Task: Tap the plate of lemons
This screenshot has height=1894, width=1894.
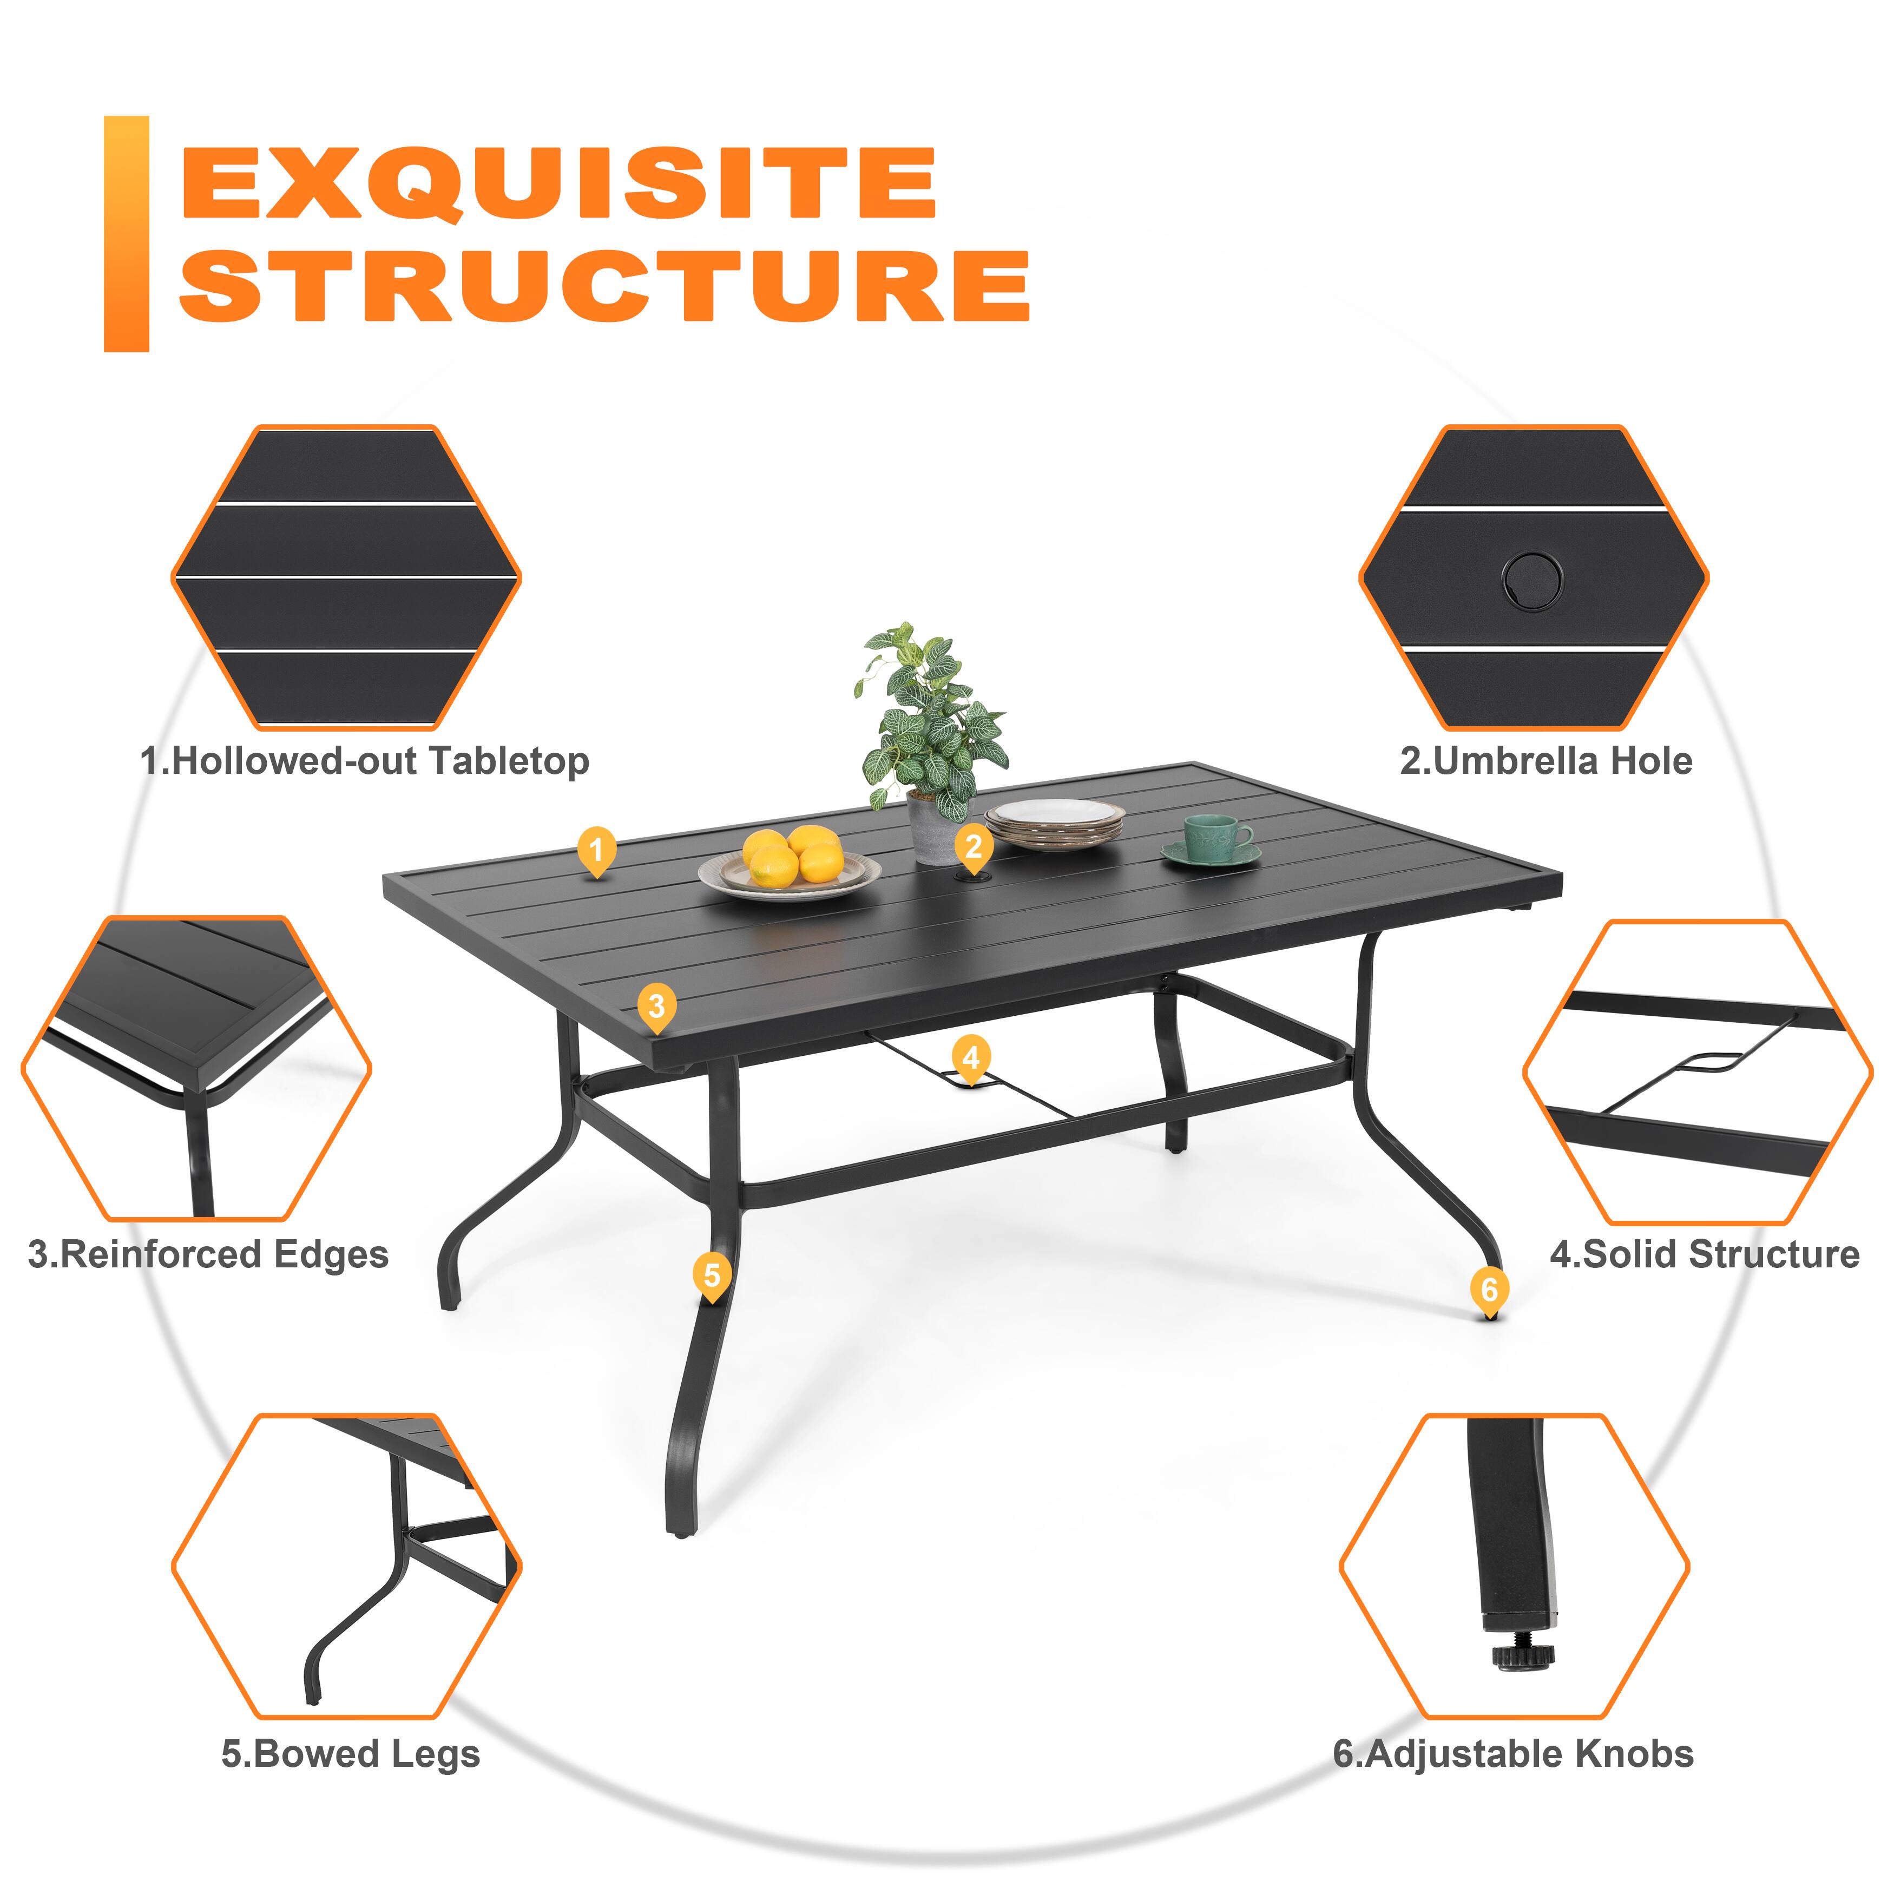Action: (790, 865)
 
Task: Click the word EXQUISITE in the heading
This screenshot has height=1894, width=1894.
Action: (559, 185)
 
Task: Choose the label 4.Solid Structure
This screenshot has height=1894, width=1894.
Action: (1704, 1255)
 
